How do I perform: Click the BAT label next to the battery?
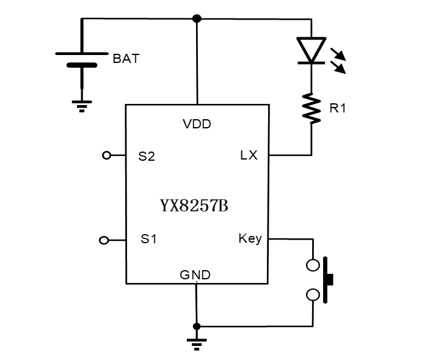click(126, 59)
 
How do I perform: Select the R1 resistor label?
click(338, 109)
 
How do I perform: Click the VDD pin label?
click(197, 124)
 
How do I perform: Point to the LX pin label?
click(249, 155)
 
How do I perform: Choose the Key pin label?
click(250, 238)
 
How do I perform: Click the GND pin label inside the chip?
click(195, 275)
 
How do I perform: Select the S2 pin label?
click(147, 156)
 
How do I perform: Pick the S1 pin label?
click(149, 240)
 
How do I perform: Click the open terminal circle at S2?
click(106, 156)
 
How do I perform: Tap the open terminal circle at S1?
click(104, 240)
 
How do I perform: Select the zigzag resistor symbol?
click(312, 109)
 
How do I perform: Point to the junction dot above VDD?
click(197, 18)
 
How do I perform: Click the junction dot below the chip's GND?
click(197, 326)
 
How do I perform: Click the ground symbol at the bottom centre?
click(197, 343)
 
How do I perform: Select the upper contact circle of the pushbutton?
click(313, 265)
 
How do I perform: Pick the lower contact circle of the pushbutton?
click(313, 295)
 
